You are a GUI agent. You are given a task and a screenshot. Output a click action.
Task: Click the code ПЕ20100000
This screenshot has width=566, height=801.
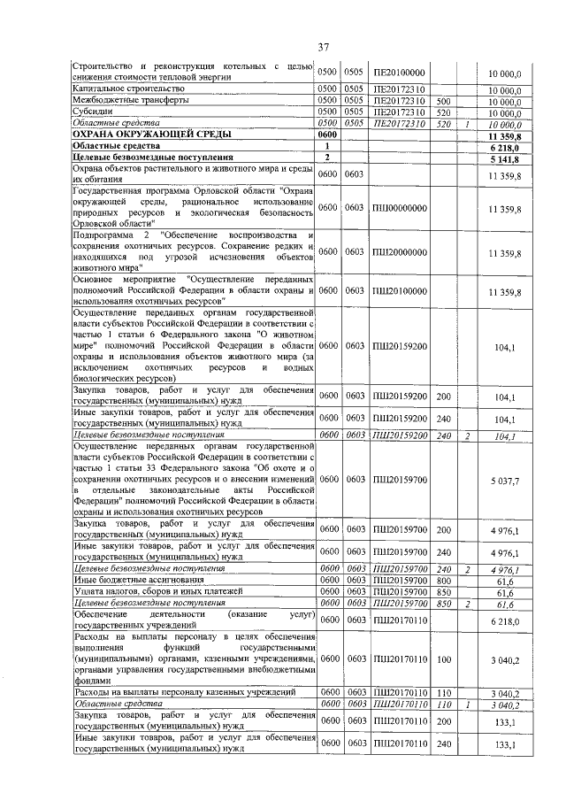(399, 73)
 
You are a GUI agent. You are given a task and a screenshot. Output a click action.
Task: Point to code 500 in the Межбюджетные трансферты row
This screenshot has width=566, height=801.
(444, 102)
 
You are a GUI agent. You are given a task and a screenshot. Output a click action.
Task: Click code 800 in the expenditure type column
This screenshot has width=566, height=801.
(444, 580)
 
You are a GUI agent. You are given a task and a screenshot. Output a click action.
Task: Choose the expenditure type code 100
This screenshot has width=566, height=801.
(444, 659)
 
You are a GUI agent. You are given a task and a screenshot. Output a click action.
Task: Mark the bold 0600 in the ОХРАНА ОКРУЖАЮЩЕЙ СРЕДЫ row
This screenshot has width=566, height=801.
(328, 135)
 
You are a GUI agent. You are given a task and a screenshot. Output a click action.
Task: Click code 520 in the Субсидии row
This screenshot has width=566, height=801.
(444, 113)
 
